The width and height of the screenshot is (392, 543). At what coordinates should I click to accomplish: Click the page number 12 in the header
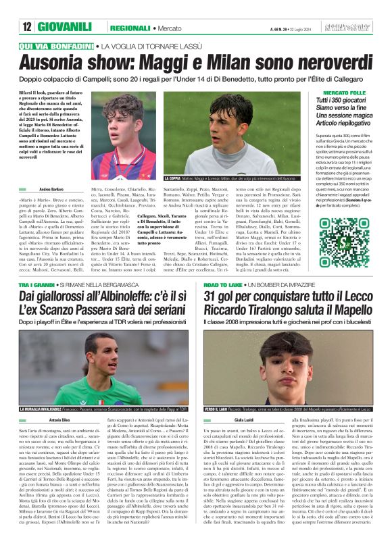coord(27,27)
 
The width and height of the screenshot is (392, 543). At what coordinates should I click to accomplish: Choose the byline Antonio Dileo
coord(59,421)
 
